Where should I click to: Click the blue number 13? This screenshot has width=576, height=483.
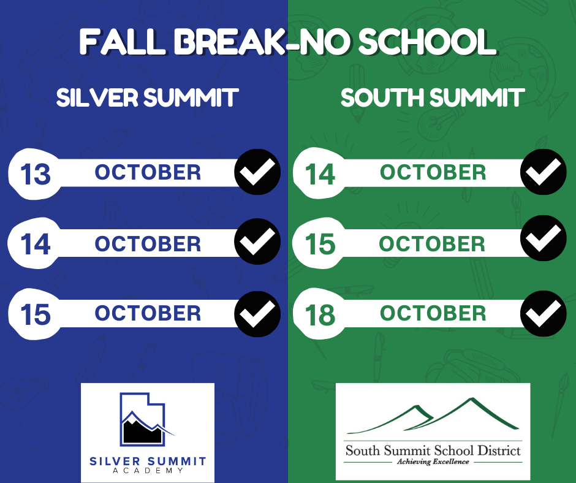(x=36, y=174)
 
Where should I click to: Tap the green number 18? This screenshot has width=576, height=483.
(x=320, y=315)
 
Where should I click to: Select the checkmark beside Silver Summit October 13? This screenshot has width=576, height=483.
(x=257, y=172)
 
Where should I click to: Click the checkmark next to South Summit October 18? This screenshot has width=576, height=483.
(x=544, y=313)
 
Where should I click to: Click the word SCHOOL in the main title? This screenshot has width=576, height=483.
(x=427, y=42)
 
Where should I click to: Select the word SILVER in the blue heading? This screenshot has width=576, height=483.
(x=97, y=98)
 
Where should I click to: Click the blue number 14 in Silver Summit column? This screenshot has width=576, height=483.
(x=36, y=244)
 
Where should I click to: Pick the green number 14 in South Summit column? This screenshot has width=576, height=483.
(x=320, y=174)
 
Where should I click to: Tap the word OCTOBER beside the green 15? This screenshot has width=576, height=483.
(x=432, y=244)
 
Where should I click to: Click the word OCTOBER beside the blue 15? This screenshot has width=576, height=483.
(x=148, y=313)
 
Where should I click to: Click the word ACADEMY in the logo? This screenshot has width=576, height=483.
(x=148, y=471)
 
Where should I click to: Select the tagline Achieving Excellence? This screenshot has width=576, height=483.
(x=433, y=462)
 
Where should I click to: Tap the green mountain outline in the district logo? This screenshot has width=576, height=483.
(x=433, y=416)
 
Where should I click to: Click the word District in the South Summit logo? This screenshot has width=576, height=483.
(x=499, y=451)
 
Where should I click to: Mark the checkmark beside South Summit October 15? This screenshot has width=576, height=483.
(x=544, y=238)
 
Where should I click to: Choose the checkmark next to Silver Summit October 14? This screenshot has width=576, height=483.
(x=257, y=241)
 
